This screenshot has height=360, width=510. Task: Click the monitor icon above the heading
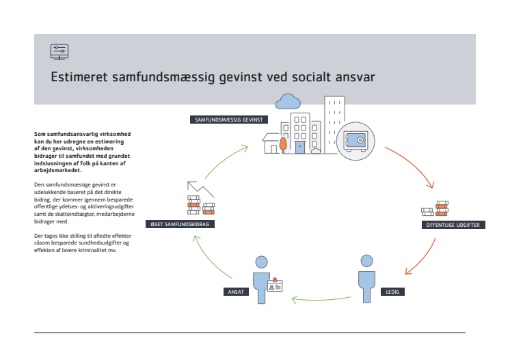click(59, 52)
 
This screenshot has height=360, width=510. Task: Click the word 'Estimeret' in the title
click(79, 77)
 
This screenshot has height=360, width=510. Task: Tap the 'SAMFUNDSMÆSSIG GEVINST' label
click(228, 120)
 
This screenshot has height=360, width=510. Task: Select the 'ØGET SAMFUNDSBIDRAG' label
click(180, 224)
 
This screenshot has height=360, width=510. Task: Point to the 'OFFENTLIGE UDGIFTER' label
click(453, 225)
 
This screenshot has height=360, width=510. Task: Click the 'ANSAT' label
click(236, 292)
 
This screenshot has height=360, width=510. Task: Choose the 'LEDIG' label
click(392, 292)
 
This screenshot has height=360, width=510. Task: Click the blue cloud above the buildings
click(288, 102)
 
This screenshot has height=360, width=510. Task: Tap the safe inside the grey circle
click(355, 141)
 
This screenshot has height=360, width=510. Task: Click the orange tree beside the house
click(283, 145)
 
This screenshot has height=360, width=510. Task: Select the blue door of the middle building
click(300, 148)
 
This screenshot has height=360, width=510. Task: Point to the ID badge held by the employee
click(275, 285)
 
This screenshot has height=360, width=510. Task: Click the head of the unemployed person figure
click(367, 261)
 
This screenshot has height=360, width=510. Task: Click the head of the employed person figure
click(262, 262)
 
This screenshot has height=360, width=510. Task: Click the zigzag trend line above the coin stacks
click(200, 189)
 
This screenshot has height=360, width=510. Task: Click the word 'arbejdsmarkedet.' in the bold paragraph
click(58, 171)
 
